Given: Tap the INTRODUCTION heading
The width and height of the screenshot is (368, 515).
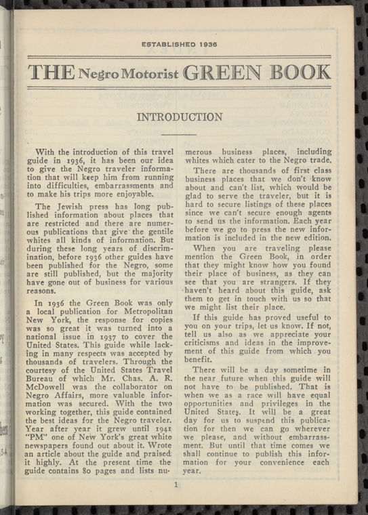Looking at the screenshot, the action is pos(180,117).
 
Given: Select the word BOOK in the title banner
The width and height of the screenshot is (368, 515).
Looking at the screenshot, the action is pos(299,71).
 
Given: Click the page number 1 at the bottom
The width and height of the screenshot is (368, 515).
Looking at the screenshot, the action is pos(176,485).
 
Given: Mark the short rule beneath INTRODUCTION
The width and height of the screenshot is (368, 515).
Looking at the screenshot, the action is pos(180,136).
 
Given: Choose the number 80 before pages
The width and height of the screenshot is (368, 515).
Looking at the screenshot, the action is pos(89,472).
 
